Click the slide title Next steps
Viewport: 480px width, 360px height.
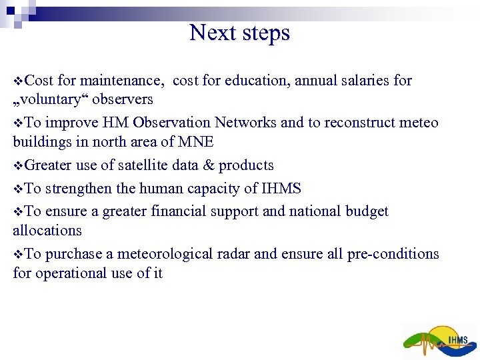pos(239,32)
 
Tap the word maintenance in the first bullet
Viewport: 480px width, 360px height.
pos(121,81)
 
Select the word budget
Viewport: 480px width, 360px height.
pos(367,211)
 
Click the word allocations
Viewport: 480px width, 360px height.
pos(47,231)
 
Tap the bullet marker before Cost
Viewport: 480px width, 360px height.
pos(17,81)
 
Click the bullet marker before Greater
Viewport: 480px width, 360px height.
pos(17,166)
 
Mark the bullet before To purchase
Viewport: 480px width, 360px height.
pos(17,255)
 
